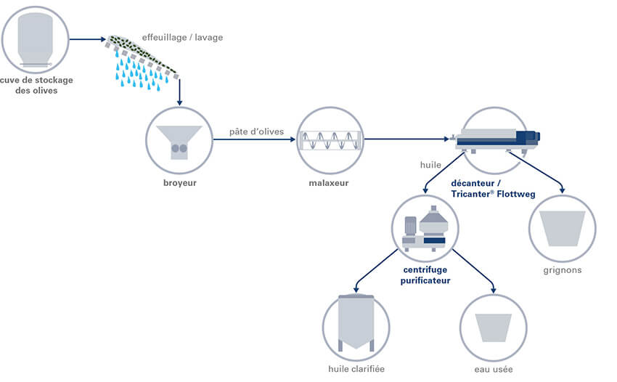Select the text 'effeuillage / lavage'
182,38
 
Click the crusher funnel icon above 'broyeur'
179,139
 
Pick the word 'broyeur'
179,183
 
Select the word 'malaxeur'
328,183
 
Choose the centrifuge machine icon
425,227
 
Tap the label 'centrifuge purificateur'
425,275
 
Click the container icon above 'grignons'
563,229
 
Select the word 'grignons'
563,271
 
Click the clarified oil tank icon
356,325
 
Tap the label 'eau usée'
494,370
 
